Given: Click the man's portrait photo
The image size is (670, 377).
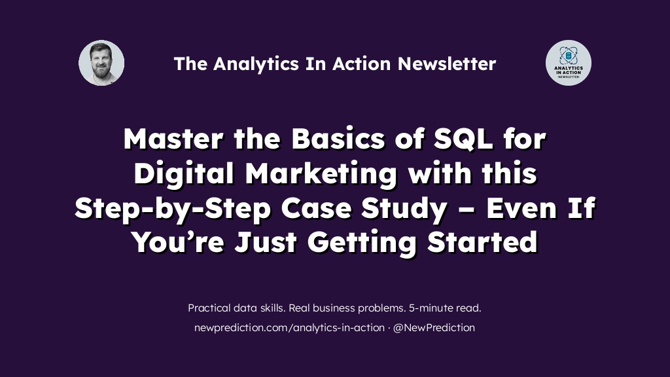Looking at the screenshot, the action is (101, 63).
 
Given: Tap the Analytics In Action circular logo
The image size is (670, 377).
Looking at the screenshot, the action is (569, 63).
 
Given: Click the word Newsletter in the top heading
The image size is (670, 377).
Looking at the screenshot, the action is (447, 63).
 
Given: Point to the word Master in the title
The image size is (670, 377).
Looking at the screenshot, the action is (173, 139).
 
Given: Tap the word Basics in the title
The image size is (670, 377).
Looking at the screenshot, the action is (338, 139).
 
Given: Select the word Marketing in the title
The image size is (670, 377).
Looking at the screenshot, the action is (321, 174).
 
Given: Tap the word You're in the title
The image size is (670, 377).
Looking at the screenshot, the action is (178, 242).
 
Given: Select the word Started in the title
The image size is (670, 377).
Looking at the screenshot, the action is (482, 242).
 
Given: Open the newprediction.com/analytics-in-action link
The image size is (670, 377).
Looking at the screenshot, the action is (289, 328).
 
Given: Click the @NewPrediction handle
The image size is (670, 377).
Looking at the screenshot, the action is (434, 327).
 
